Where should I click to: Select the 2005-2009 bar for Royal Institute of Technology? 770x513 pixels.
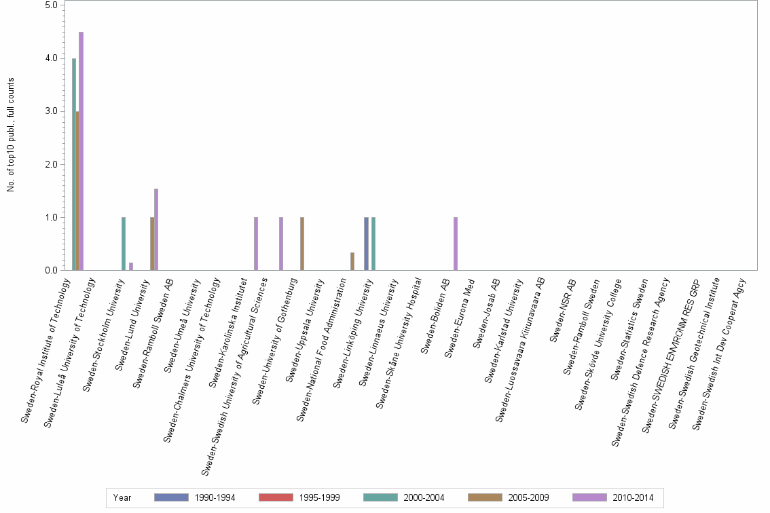click(77, 191)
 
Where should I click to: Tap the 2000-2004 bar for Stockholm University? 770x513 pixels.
click(124, 244)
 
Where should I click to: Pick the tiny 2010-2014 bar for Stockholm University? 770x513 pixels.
click(131, 267)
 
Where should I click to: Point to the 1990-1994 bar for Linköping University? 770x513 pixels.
click(366, 244)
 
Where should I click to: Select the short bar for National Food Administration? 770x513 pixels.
click(352, 262)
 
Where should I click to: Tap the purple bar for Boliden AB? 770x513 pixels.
click(456, 244)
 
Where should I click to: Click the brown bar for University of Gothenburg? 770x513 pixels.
click(302, 244)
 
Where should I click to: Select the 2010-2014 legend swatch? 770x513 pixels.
click(590, 497)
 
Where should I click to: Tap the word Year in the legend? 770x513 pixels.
click(122, 497)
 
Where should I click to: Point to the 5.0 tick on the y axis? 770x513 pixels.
click(50, 5)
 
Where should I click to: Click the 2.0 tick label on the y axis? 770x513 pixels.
click(50, 164)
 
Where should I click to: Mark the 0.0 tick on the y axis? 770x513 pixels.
click(50, 271)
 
